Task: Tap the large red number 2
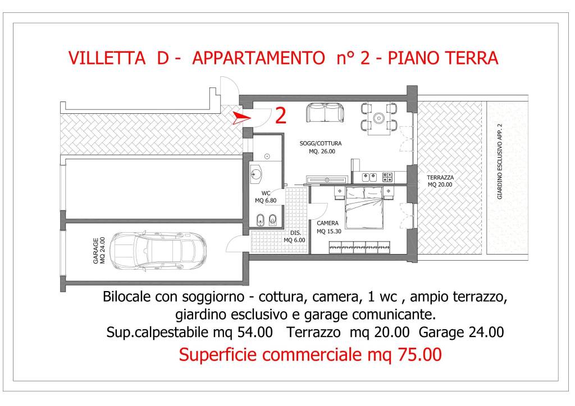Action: click(281, 116)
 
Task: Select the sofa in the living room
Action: click(325, 113)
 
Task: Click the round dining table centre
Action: click(380, 118)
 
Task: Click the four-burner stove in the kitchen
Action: click(387, 177)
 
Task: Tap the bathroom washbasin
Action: click(256, 174)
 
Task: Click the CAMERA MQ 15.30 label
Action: click(327, 227)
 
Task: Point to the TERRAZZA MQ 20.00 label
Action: click(441, 181)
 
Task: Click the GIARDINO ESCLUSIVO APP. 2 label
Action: click(499, 162)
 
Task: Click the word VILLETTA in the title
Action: click(104, 58)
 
